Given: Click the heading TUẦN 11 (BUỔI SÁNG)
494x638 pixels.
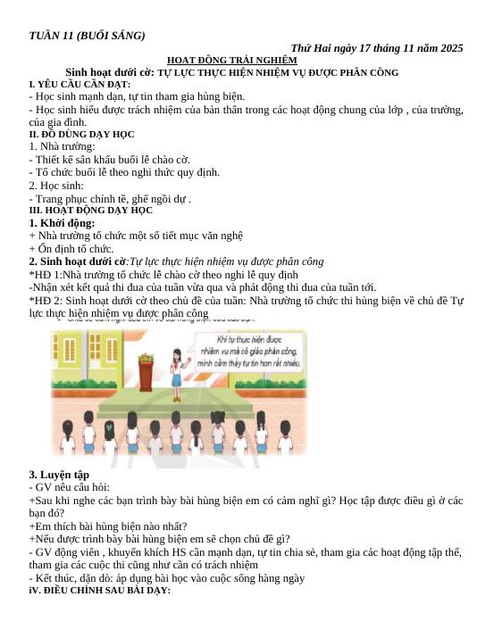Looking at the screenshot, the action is point(87,36).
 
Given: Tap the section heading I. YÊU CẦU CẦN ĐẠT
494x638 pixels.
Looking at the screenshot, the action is point(80,84).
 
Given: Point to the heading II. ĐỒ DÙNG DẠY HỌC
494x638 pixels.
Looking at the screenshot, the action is point(81,134).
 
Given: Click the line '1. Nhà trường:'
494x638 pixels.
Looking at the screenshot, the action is point(63,146).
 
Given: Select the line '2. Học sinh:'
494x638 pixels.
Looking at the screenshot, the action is point(59,186).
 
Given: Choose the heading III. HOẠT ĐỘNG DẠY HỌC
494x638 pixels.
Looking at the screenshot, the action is point(90,211).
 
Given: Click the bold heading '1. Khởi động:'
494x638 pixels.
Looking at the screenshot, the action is point(62,223).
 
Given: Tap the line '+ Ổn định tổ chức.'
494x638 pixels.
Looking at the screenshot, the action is point(71,248).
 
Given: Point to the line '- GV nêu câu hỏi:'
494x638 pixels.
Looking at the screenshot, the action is point(70,488).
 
